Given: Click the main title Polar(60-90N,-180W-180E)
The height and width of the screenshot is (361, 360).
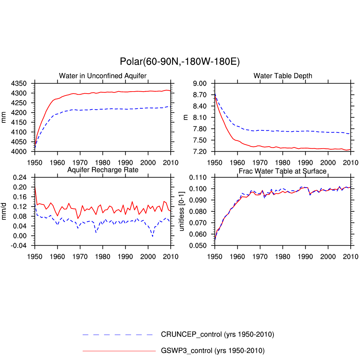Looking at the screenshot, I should tap(180, 62).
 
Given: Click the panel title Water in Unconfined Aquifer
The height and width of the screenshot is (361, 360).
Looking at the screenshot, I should tap(103, 76).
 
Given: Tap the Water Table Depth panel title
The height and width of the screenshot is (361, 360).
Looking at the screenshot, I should tap(283, 76).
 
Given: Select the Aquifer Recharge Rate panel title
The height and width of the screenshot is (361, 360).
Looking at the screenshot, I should tap(103, 170).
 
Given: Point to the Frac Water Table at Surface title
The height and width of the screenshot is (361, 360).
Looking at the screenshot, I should tap(283, 171).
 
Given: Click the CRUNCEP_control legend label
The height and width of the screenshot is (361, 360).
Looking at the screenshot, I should tap(217, 334).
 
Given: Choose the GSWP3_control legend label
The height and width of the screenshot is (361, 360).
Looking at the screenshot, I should tap(212, 350).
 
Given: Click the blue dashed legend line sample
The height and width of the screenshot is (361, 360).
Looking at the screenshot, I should tap(118, 335).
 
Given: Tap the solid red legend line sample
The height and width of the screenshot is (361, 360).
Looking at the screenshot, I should tap(119, 351).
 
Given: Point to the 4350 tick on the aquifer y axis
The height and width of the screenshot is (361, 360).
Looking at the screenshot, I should tap(24, 84).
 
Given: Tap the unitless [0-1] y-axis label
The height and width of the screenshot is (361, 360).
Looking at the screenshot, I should tap(182, 212).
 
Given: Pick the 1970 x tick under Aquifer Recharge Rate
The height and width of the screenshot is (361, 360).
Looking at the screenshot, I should tap(80, 256).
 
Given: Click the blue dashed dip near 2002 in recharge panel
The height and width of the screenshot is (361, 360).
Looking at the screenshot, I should tap(152, 236).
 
